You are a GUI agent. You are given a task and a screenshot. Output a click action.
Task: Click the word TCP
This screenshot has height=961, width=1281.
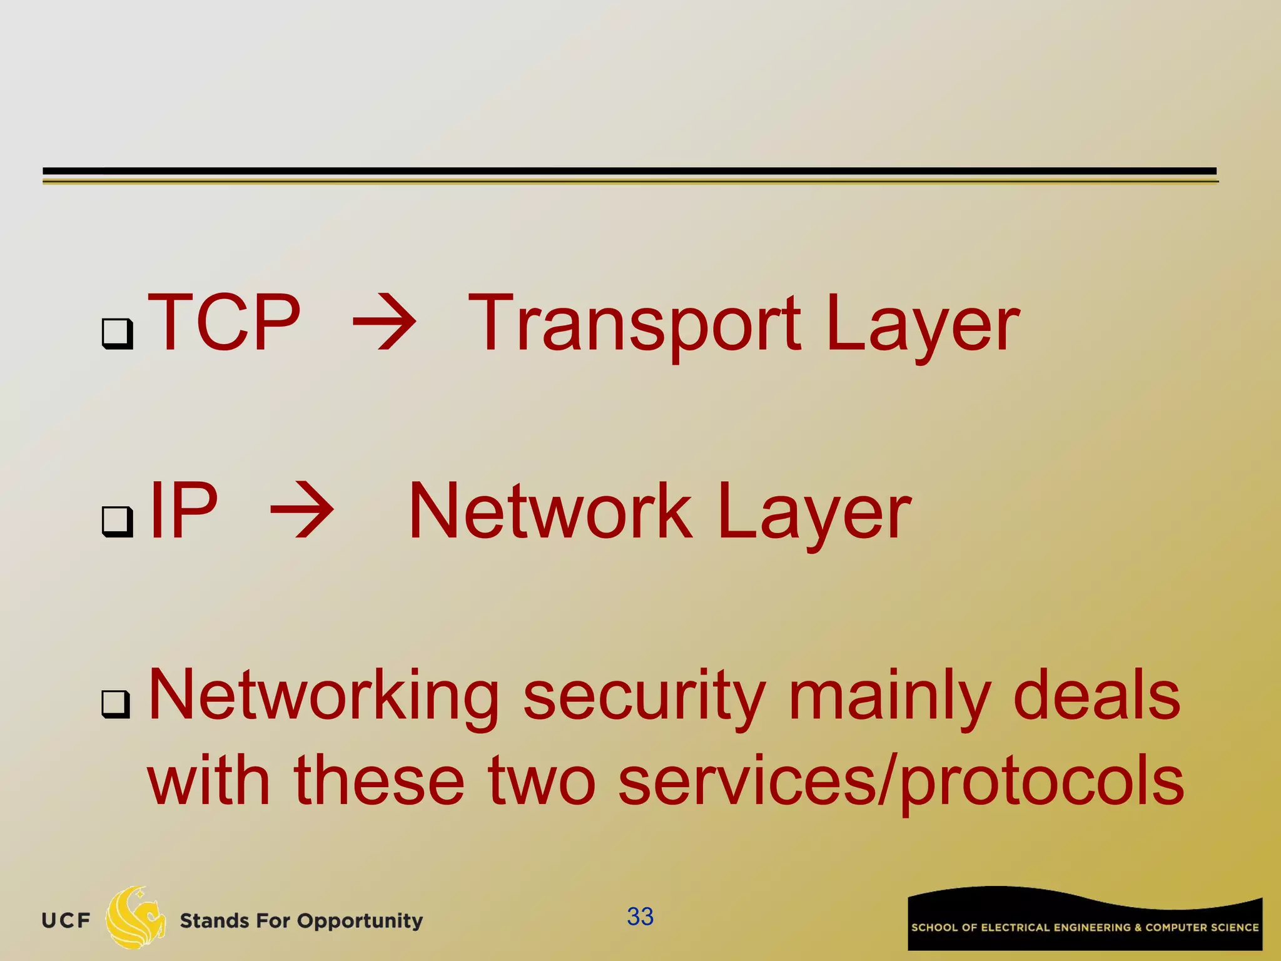[x=224, y=323]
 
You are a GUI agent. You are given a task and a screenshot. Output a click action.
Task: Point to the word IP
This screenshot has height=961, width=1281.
[x=184, y=511]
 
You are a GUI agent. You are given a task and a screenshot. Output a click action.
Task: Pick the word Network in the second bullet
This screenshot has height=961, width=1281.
[x=550, y=511]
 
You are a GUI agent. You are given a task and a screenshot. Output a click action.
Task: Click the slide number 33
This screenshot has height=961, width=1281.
[x=640, y=917]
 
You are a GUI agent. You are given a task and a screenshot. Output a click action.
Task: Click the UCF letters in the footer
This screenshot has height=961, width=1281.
[x=66, y=920]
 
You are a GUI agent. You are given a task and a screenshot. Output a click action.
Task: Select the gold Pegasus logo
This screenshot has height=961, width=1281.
[x=135, y=917]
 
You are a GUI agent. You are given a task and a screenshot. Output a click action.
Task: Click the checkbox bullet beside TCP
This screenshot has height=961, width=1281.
[x=118, y=333]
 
